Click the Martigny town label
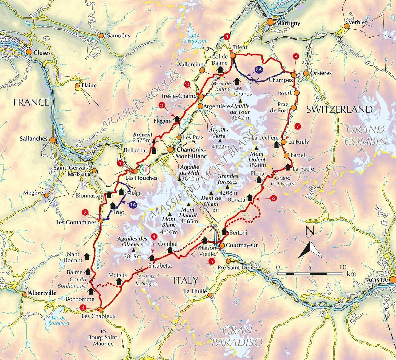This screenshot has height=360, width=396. (288, 23)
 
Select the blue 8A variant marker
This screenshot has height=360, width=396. (259, 70)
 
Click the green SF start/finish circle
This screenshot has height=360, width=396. (144, 170)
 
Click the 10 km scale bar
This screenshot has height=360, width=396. (310, 274)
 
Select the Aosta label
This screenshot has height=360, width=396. (378, 280)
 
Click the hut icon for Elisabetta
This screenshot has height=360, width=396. (152, 258)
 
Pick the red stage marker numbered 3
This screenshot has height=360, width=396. (83, 308)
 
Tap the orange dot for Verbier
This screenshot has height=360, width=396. (346, 26)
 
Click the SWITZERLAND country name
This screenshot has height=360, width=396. (339, 110)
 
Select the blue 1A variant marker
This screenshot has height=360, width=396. (133, 205)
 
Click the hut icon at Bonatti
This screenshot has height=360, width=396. (250, 198)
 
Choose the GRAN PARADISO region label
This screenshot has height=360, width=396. (237, 337)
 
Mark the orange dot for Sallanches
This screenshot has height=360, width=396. (52, 140)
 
